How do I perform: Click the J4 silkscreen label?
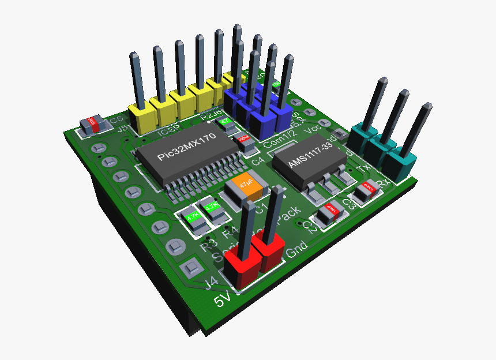212,282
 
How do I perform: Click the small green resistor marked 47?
225,123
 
